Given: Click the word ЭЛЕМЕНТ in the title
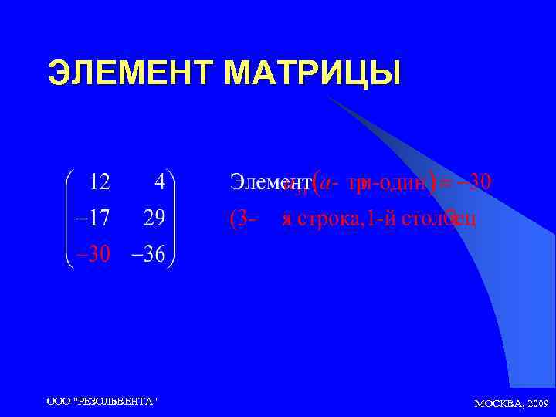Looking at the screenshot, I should [132, 74].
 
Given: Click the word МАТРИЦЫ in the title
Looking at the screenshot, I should [313, 74].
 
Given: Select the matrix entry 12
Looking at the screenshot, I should [100, 183].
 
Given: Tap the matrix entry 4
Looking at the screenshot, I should [159, 183].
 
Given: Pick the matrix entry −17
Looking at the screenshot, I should [92, 219].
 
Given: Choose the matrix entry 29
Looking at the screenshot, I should [153, 219].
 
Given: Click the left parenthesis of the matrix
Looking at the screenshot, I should [68, 219].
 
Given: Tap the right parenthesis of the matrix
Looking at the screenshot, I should [173, 219].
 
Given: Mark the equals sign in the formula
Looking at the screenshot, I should [445, 183].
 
